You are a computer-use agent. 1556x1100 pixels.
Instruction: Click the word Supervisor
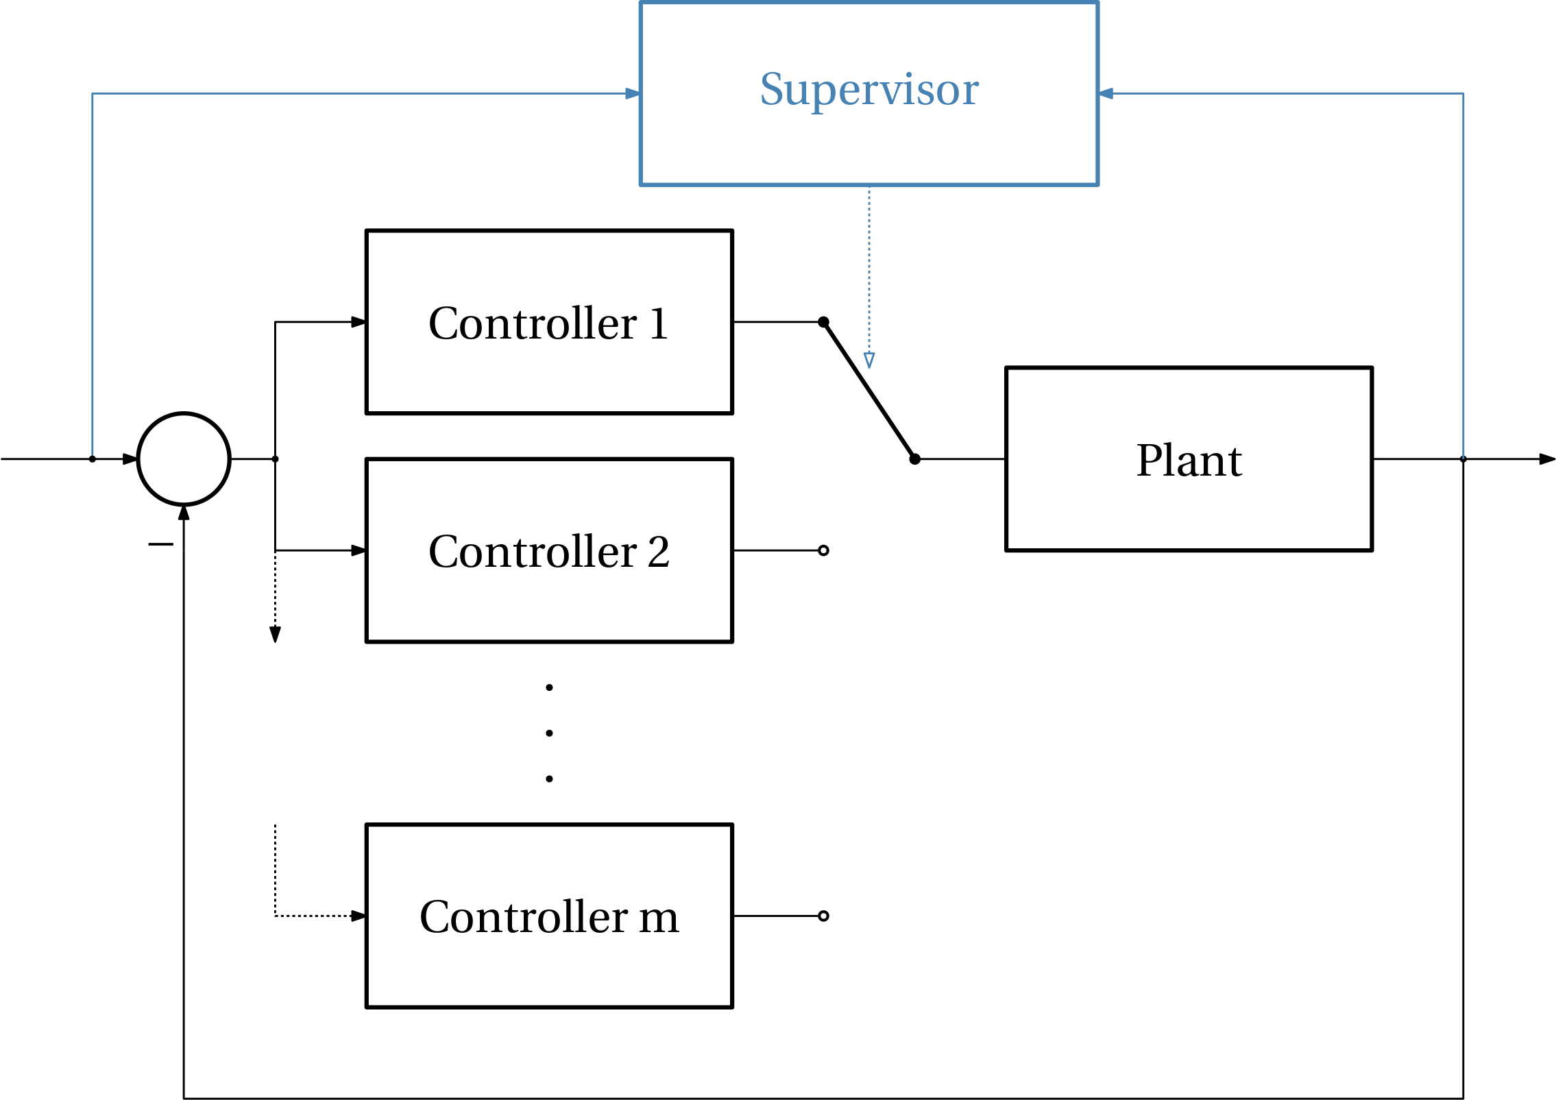coord(869,90)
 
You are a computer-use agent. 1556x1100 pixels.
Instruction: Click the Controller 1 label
coord(548,323)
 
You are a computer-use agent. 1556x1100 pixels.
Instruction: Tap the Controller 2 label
coord(549,551)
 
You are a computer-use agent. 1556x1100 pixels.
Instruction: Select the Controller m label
coord(549,916)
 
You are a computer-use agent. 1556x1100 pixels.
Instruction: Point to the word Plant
coord(1189,460)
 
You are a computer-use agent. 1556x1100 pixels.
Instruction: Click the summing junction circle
coord(184,413)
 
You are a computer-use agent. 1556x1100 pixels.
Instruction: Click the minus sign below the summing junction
coord(160,544)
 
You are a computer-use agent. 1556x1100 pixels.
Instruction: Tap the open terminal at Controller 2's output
coord(823,550)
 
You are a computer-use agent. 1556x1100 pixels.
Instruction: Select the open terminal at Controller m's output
coord(823,916)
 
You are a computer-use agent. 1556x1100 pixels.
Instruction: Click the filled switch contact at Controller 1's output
coord(823,322)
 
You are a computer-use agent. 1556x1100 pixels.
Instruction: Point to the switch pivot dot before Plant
coord(914,459)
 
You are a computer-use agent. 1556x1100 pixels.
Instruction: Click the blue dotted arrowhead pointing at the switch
coord(869,360)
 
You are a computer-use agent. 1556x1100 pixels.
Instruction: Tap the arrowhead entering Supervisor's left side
coord(633,93)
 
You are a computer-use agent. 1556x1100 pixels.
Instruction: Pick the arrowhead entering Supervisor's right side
coord(1106,93)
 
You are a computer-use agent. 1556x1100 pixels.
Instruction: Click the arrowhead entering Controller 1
coord(358,321)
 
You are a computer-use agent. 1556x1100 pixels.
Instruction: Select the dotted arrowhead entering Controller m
coord(358,916)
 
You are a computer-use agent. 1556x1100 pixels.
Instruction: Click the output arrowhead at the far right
coord(1547,459)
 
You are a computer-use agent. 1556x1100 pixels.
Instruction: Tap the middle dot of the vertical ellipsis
coord(549,733)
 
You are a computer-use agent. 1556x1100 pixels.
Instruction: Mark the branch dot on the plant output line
coord(1463,459)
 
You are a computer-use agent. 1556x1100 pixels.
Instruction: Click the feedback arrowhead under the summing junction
coord(184,513)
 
